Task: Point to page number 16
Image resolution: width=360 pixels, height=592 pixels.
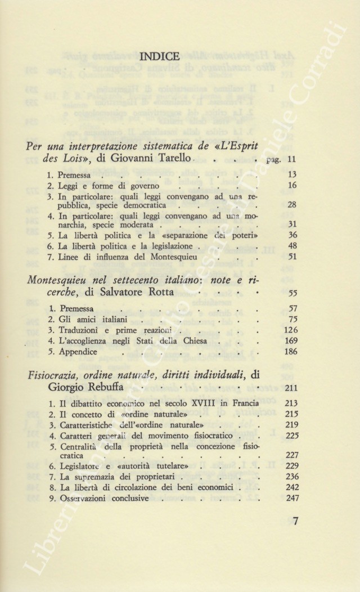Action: click(x=291, y=185)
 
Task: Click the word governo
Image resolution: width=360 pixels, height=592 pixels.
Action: click(x=145, y=186)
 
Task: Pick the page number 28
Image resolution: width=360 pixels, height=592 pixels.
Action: click(x=291, y=205)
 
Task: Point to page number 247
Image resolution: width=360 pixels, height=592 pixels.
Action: click(x=289, y=498)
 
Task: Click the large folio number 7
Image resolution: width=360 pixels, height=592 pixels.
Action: click(x=295, y=521)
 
